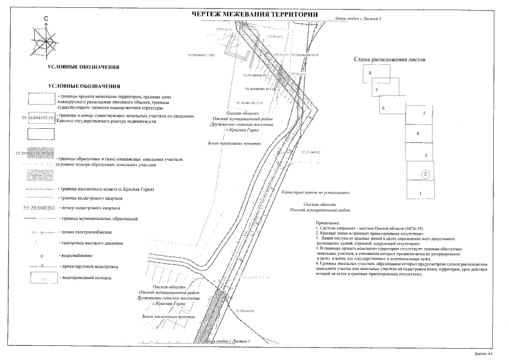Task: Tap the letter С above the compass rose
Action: click(x=47, y=19)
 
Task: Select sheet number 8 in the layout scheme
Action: click(x=370, y=74)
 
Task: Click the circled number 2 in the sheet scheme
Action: click(x=426, y=174)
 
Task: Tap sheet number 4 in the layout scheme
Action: click(x=417, y=134)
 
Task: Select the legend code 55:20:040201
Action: click(x=39, y=208)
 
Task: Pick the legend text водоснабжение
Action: click(x=75, y=254)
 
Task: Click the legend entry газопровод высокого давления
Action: click(x=91, y=243)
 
